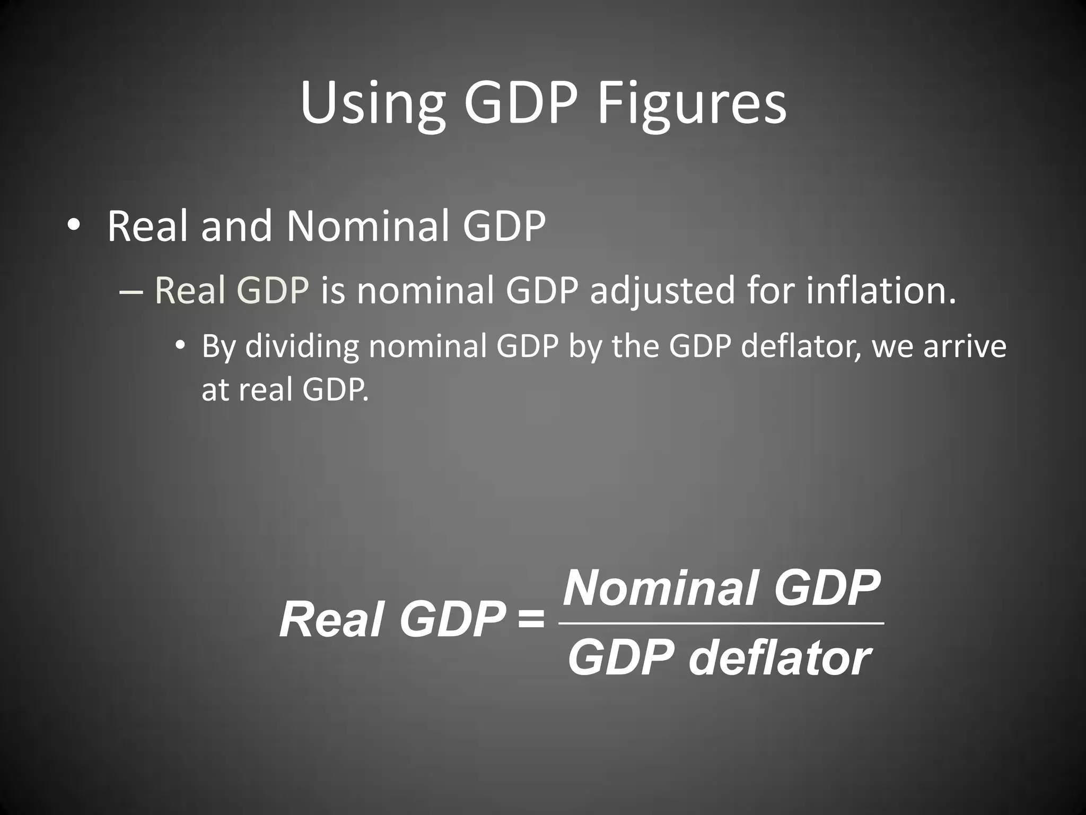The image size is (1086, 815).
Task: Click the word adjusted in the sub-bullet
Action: (663, 291)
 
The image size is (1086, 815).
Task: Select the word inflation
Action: (881, 290)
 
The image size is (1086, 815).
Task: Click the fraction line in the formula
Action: (721, 623)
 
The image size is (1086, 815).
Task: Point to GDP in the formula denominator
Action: (620, 658)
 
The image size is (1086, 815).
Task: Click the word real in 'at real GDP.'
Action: (266, 390)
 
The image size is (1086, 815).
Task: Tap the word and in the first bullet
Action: (237, 227)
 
